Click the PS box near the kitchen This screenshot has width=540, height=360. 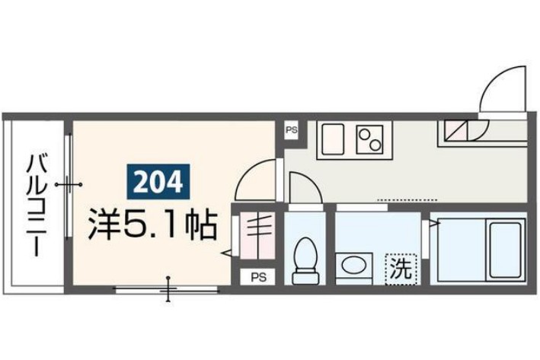(292, 130)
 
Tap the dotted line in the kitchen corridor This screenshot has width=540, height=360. (396, 199)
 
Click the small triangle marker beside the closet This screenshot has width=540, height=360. (226, 252)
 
